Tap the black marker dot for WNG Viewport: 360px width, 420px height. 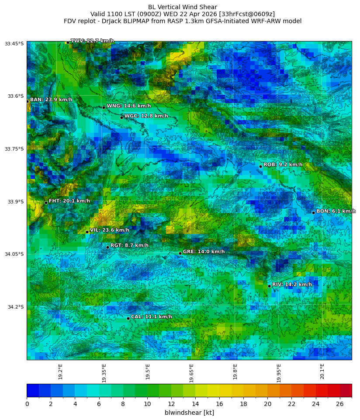tap(104, 107)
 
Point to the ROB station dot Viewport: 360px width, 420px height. tap(260, 166)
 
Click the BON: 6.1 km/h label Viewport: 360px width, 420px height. tap(336, 211)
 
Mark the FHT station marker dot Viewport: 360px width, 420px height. tap(46, 203)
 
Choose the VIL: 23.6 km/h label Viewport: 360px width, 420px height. tap(109, 230)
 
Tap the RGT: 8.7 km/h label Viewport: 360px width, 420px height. tap(129, 245)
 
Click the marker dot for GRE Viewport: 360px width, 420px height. tap(180, 253)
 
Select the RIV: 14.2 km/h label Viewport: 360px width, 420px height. tap(292, 285)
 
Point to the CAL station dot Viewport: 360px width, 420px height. tap(128, 318)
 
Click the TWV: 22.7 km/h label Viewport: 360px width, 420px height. tap(92, 41)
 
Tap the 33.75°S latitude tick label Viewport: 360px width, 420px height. tap(14, 149)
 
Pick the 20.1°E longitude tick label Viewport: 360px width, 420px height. tap(322, 371)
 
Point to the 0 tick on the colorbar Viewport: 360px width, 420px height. tap(27, 404)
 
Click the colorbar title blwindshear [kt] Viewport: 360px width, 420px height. tap(189, 413)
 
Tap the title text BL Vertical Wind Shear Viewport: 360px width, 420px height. tap(182, 7)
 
